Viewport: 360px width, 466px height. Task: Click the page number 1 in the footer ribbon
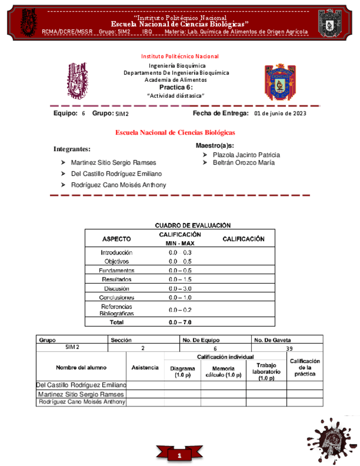point(179,456)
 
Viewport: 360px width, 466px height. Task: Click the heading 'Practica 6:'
point(176,87)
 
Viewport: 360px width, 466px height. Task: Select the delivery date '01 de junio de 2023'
point(280,114)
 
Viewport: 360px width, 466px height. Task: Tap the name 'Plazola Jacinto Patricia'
point(246,155)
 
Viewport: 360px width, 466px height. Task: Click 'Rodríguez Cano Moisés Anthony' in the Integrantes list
point(118,185)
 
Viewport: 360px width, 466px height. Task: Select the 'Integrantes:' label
point(72,149)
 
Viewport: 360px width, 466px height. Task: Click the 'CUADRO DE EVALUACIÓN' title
point(193,225)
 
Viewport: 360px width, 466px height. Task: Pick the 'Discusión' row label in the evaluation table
point(117,289)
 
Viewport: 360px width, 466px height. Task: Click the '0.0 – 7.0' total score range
point(180,323)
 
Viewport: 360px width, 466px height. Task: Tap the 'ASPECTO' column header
point(117,239)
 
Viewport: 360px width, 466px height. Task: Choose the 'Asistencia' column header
point(145,368)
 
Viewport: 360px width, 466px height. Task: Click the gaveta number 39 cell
point(289,348)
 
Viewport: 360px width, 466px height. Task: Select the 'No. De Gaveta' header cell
point(273,340)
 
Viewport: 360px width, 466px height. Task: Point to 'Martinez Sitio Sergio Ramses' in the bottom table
point(81,394)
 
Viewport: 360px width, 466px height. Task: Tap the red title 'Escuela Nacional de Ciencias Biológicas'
point(175,133)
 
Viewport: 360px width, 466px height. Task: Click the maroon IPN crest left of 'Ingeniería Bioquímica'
point(77,79)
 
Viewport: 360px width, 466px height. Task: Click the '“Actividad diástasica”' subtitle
point(176,96)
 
